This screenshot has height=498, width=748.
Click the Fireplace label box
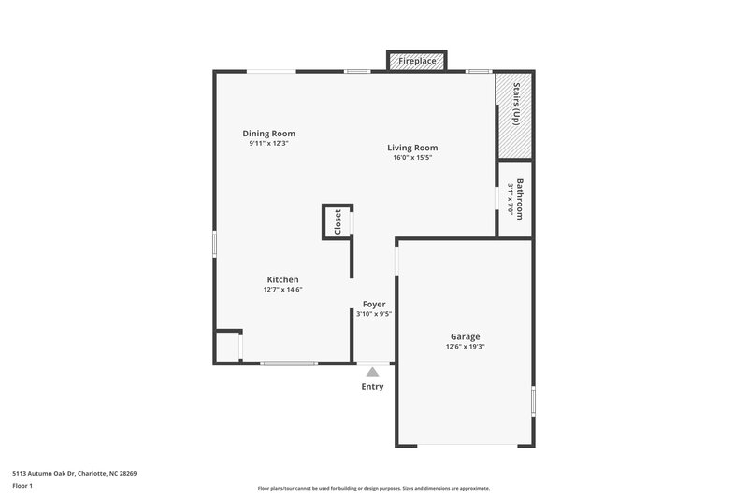[x=416, y=61]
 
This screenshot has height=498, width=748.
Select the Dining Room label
[x=269, y=134]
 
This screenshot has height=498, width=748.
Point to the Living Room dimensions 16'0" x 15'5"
[x=412, y=158]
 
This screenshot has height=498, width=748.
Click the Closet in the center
[x=337, y=222]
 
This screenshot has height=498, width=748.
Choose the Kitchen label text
[x=282, y=279]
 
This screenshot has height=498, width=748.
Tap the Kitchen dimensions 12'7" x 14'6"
[x=282, y=290]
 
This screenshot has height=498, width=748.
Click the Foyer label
[x=374, y=304]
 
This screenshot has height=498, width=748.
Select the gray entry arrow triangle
[x=372, y=372]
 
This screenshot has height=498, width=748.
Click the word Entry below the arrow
[x=372, y=387]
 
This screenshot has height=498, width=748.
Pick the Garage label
[x=465, y=336]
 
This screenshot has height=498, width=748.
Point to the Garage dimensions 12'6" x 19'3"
[x=465, y=347]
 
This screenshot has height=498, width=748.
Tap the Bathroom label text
[x=520, y=198]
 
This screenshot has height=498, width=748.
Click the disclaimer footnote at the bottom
[x=373, y=488]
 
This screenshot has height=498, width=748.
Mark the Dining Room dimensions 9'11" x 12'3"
[x=268, y=144]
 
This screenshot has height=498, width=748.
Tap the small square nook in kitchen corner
[x=227, y=346]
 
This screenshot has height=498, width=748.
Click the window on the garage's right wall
[x=533, y=402]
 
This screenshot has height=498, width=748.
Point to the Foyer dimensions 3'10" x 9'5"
[x=374, y=314]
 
